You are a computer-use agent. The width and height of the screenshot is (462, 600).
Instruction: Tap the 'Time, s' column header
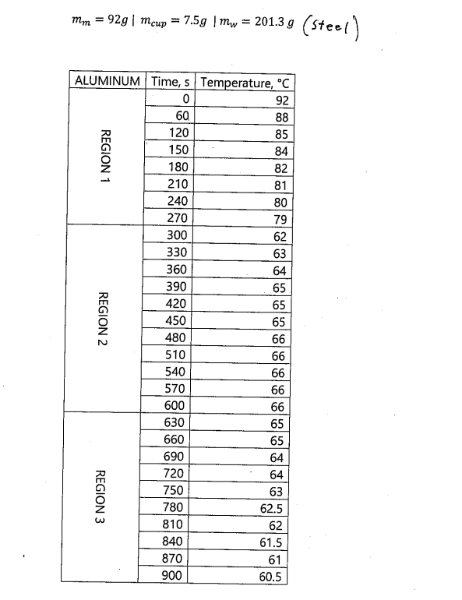171,82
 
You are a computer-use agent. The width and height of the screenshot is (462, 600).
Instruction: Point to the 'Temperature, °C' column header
245,82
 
